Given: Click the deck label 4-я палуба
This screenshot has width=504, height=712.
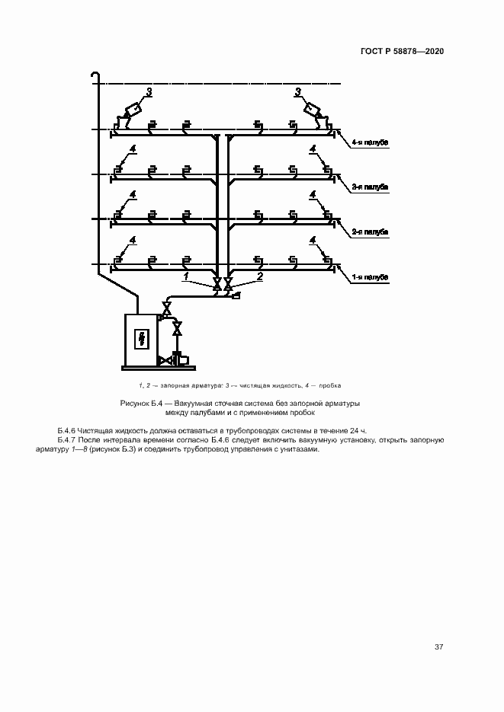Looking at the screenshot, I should (x=371, y=142).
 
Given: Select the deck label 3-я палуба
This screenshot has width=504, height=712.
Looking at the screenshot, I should (x=371, y=186).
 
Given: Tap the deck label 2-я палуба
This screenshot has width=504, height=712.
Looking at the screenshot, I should (x=371, y=231).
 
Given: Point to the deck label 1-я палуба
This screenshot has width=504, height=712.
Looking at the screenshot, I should (x=371, y=277).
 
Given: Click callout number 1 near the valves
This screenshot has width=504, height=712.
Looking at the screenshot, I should (x=187, y=276).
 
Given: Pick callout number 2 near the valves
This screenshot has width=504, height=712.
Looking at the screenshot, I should (x=259, y=276).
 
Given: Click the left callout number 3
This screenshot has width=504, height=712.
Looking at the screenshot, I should (x=149, y=91).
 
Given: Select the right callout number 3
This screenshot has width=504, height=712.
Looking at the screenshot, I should (x=297, y=91).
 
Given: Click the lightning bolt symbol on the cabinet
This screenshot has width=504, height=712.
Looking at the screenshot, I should (x=140, y=338).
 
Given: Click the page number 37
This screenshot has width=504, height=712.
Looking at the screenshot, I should (x=438, y=647).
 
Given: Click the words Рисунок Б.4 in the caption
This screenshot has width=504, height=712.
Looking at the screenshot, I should (x=138, y=402).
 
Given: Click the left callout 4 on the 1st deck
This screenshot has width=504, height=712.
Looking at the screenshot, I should (x=133, y=240).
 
